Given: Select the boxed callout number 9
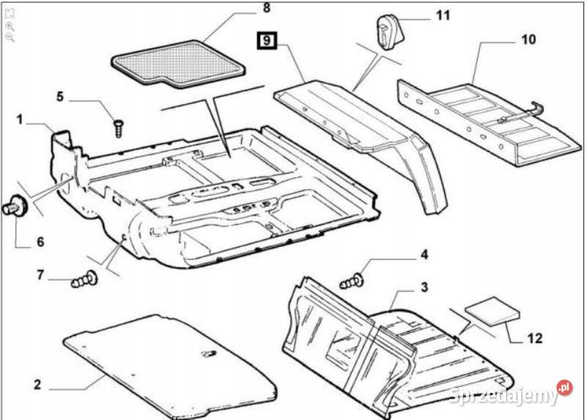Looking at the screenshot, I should tap(265, 39).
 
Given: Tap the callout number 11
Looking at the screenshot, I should tap(443, 15).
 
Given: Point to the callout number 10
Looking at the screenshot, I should tap(528, 39).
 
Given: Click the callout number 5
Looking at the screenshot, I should tap(61, 96).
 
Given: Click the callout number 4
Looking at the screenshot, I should tap(423, 255).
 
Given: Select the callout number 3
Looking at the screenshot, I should tap(423, 287).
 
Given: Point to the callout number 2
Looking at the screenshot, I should tap(37, 385).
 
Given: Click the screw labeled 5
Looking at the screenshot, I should tap(117, 127).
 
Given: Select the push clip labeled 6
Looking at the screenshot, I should tap(15, 206).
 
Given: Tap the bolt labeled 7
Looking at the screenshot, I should tap(84, 279).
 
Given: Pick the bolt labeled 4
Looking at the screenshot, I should tap(354, 280).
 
